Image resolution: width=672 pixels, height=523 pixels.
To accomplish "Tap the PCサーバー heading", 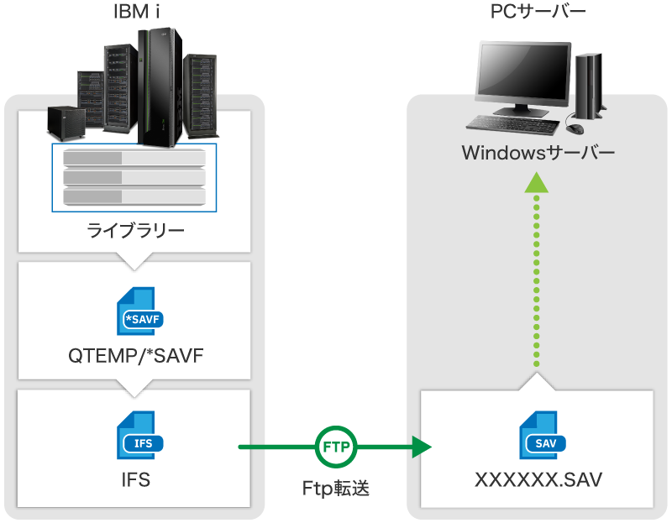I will tap(538, 12).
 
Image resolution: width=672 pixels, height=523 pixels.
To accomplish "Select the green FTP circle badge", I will tap(337, 447).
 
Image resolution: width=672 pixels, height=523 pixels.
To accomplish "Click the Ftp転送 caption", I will tap(336, 488).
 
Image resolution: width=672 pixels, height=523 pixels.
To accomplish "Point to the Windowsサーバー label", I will tap(538, 154).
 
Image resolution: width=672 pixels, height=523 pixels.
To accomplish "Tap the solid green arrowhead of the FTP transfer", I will tap(419, 447).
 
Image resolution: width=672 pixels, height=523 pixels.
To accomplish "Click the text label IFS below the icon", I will tap(135, 480).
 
